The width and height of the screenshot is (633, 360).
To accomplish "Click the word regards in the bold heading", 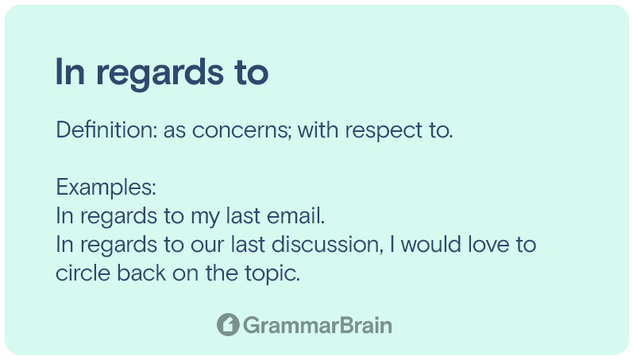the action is click(160, 74).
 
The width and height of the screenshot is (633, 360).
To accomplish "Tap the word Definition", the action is click(106, 130).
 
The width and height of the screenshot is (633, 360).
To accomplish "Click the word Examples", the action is click(106, 187).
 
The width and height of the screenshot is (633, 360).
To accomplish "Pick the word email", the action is click(296, 215).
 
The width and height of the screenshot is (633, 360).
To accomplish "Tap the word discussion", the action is click(327, 245).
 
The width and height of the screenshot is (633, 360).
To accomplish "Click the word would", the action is click(431, 245).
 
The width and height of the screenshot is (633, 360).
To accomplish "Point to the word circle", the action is click(83, 273).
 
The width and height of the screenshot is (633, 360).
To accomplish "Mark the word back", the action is click(141, 273).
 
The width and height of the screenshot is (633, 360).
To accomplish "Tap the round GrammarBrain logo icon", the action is click(228, 324).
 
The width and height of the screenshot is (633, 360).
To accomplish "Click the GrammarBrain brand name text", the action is click(318, 325).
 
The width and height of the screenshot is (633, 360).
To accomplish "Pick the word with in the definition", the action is click(318, 130).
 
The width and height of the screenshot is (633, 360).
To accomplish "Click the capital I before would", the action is click(392, 245).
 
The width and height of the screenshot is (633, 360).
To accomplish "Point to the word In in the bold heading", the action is click(70, 72).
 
